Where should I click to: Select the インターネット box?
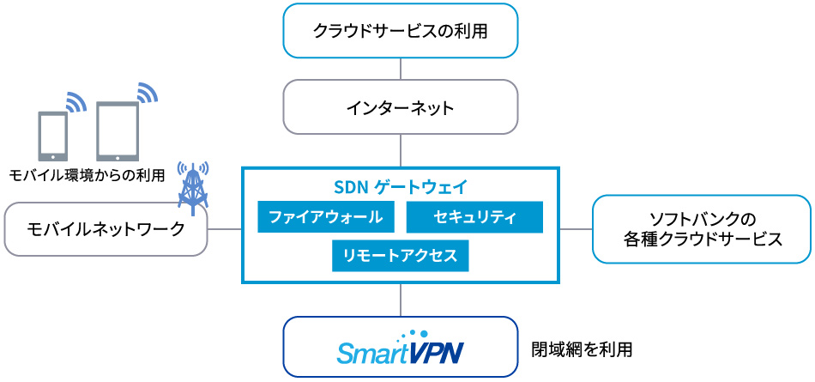coord(401,107)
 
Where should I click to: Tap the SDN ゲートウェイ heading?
coord(400,185)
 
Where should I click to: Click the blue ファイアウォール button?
coord(326,216)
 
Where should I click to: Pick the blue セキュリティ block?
coord(475,216)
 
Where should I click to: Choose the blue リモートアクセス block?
coord(400,256)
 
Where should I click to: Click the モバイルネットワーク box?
coord(106,229)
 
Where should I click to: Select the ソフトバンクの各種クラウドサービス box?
coord(702,229)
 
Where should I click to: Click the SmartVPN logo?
coord(401,348)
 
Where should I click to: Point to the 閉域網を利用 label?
coord(583,349)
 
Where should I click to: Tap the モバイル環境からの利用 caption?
coord(86,175)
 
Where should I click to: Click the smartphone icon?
coord(52,136)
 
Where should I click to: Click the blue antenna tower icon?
coord(192,185)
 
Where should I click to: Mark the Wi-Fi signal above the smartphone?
coord(76,102)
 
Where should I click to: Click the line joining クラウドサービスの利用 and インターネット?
coord(401,68)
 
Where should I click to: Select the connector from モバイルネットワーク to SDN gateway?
coord(225,229)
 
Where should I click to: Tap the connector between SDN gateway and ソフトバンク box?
coord(576,229)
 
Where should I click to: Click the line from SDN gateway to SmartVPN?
coord(401,300)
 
